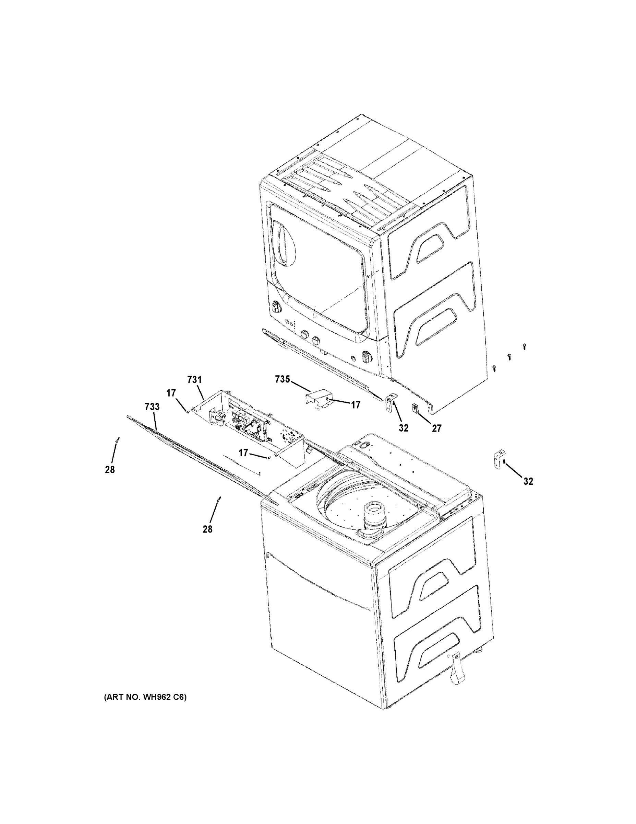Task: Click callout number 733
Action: [x=152, y=407]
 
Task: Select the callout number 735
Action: [x=282, y=379]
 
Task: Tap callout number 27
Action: [x=436, y=428]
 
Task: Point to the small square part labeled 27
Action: [x=415, y=408]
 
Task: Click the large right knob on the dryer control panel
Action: [x=366, y=356]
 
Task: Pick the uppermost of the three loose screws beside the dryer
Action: [x=524, y=346]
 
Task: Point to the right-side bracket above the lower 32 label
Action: [x=499, y=459]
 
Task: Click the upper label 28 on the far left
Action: [x=110, y=470]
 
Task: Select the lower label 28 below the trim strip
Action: [x=208, y=529]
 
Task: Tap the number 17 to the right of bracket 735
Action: [x=356, y=405]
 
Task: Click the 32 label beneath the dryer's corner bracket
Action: [x=404, y=428]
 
